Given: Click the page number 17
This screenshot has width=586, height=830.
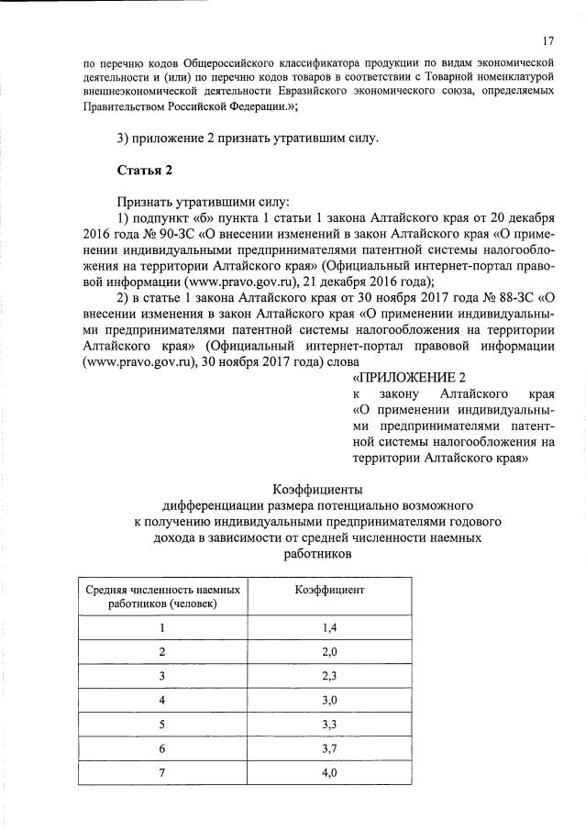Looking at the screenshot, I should [x=547, y=41].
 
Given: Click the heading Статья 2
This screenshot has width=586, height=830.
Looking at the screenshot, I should [x=145, y=170].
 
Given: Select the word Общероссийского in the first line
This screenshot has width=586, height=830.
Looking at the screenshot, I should [x=235, y=65].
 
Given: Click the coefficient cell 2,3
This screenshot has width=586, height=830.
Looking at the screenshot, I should [x=330, y=675].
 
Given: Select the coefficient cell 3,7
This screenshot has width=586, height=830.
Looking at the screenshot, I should [x=330, y=748].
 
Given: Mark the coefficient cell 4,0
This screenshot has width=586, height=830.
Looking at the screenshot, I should [x=330, y=773].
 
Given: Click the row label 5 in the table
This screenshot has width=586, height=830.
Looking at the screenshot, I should [x=162, y=725].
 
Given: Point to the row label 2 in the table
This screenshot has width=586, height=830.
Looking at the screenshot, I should [x=162, y=651].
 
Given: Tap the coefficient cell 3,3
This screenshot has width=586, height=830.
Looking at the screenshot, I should [x=330, y=725].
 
